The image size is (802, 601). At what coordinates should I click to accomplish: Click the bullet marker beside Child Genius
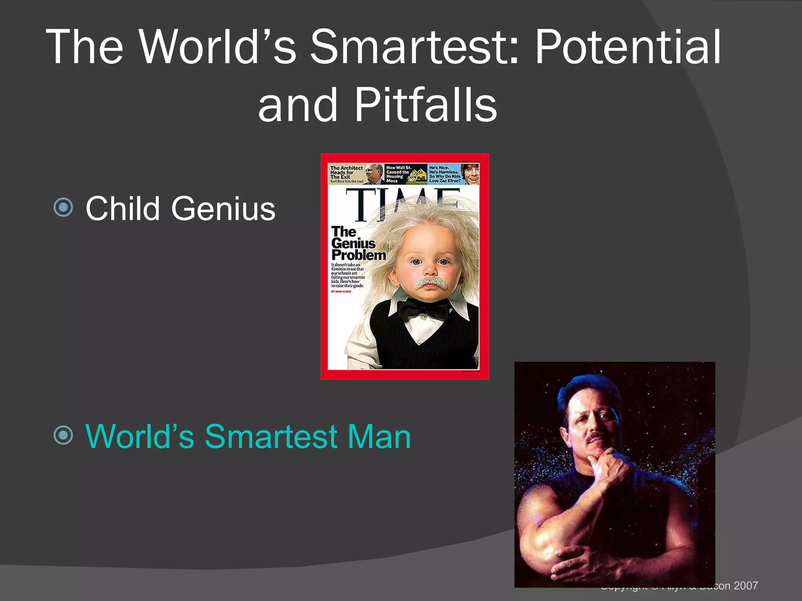click(63, 207)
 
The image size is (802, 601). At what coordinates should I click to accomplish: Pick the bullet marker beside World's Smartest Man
click(63, 435)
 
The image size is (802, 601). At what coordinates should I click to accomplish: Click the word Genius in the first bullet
click(223, 209)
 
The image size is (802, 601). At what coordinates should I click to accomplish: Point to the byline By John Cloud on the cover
click(341, 292)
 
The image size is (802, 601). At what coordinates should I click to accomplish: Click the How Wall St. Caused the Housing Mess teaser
click(398, 174)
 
